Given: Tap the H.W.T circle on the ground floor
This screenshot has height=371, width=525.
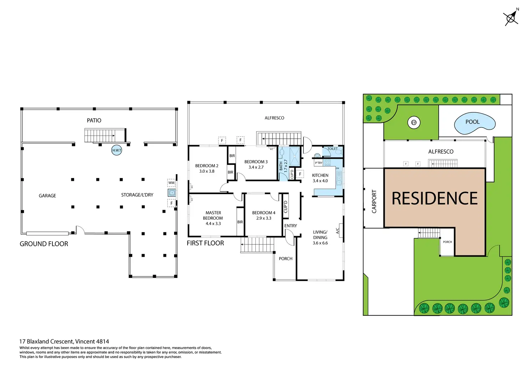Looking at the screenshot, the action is point(117,150).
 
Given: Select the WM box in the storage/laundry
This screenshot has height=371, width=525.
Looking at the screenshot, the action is point(172,183).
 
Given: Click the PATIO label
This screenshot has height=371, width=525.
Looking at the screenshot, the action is point(94,121).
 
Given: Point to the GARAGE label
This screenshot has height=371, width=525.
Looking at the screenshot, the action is point(47,196).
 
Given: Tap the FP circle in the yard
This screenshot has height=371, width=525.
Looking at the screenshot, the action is point(414,122).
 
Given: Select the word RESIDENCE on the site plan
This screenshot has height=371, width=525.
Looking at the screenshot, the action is point(434,199).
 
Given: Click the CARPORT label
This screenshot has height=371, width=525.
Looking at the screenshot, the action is point(374,202).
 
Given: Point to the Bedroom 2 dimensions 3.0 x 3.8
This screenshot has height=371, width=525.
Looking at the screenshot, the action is point(207,171).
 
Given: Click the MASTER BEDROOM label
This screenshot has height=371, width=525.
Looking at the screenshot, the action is point(213,215).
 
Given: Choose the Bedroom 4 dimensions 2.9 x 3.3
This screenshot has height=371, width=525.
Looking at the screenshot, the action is point(264,218).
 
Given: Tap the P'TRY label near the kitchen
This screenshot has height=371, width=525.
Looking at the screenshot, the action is point(318,163).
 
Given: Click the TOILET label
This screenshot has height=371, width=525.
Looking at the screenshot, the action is point(332,149).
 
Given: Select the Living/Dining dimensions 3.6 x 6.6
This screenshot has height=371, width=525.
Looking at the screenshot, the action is point(320,243).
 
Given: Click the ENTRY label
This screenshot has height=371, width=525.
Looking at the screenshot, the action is point(291,226).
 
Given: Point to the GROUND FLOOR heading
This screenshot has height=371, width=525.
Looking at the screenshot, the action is point(44,244).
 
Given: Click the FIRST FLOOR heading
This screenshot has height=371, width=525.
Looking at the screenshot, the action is point(205,243).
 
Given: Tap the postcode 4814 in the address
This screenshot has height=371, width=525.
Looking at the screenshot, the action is point(102,341).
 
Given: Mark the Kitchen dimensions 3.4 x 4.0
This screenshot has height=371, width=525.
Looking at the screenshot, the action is point(320,181).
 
